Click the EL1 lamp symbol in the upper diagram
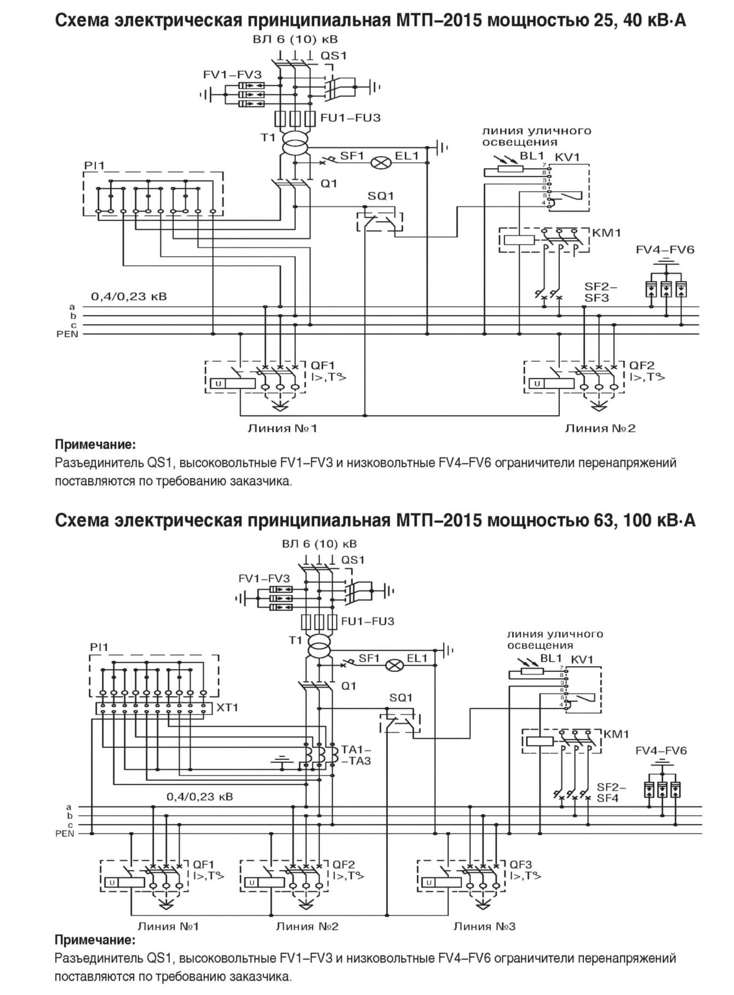tap(380, 162)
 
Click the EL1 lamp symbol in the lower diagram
tap(394, 665)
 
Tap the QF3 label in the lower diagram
tap(521, 864)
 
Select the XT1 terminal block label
tap(227, 707)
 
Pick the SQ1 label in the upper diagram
tap(381, 196)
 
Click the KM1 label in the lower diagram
tap(616, 734)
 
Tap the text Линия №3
tap(484, 927)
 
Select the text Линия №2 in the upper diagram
tap(600, 428)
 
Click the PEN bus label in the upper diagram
tap(67, 334)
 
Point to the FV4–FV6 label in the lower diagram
tap(661, 750)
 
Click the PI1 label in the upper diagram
tap(94, 165)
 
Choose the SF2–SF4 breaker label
tap(610, 793)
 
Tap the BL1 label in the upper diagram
tap(532, 156)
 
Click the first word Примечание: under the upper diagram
tap(95, 444)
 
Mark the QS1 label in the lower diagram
tap(353, 560)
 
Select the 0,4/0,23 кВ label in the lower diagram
tap(200, 796)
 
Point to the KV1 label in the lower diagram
tap(582, 659)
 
